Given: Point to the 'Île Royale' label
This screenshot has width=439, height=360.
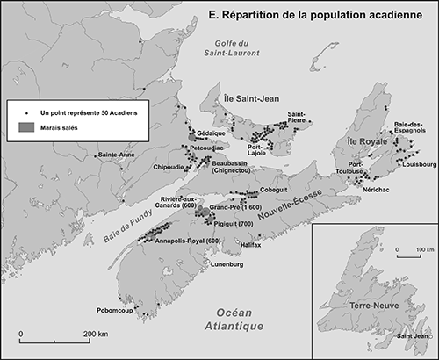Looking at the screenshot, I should [361, 141].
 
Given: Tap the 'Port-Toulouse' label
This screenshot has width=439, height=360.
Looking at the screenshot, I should [361, 168].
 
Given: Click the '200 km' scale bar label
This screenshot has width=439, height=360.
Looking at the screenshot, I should [96, 335].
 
